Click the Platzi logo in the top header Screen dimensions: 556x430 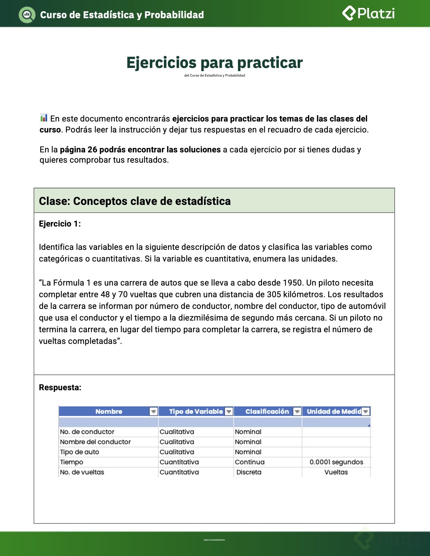(x=368, y=14)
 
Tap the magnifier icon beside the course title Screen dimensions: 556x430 (x=27, y=15)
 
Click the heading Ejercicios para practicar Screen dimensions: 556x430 (x=214, y=63)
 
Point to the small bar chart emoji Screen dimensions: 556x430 (x=44, y=118)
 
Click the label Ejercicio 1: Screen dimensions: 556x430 (x=60, y=224)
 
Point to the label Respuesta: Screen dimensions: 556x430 (x=60, y=387)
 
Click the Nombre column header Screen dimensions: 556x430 (x=109, y=412)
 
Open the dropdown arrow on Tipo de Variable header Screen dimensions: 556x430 (x=229, y=412)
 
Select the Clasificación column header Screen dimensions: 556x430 (x=267, y=412)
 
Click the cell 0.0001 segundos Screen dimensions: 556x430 (x=336, y=462)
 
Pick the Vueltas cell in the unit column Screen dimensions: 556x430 (x=336, y=472)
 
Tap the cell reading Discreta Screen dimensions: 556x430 (x=249, y=472)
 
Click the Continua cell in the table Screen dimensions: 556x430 (x=250, y=462)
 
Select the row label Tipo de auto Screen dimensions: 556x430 (x=80, y=452)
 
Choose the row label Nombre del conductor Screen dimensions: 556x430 (x=95, y=442)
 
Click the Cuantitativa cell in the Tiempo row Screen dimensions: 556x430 (x=179, y=462)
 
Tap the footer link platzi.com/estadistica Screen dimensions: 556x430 (x=214, y=540)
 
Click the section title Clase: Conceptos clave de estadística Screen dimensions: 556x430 (x=135, y=201)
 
